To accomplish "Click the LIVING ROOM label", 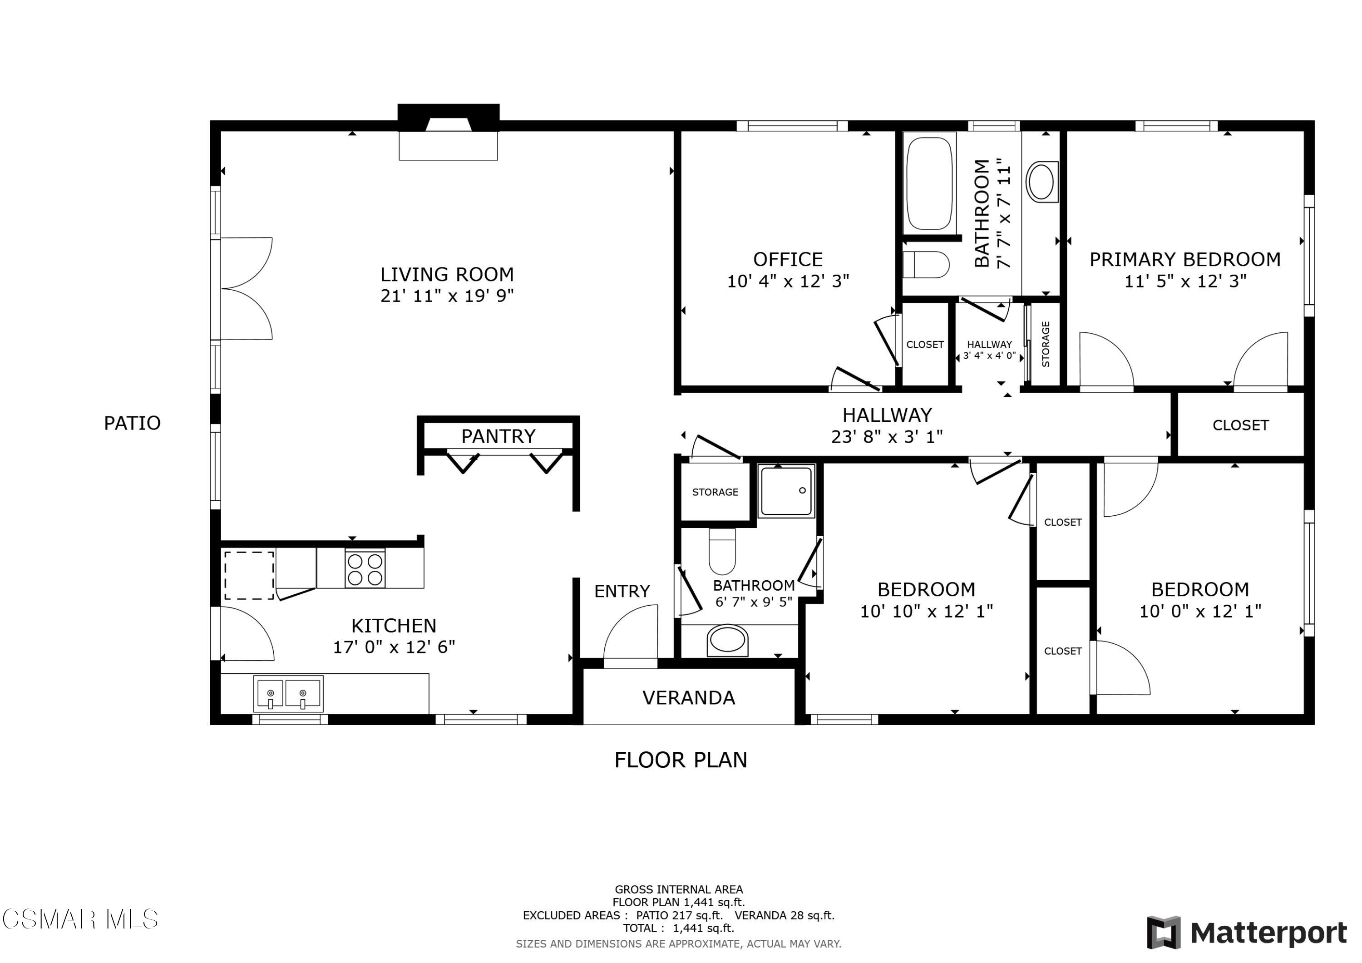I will (x=447, y=275).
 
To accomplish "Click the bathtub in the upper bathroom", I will (x=929, y=184).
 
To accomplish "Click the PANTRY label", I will (x=498, y=437).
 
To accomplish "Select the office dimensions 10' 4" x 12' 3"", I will (x=788, y=281).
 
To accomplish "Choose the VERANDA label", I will (x=689, y=698).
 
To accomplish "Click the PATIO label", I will (x=132, y=424).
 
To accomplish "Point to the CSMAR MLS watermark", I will (x=80, y=920).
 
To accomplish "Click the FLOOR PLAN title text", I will (x=681, y=760).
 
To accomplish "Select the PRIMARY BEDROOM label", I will (x=1184, y=260).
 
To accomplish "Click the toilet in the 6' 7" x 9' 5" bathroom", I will (x=722, y=552).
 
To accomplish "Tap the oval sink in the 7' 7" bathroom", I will (x=1041, y=182).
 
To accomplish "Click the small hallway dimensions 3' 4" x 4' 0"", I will (x=989, y=356).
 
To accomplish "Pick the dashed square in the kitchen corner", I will (x=248, y=575).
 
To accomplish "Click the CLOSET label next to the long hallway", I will (x=1240, y=425).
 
